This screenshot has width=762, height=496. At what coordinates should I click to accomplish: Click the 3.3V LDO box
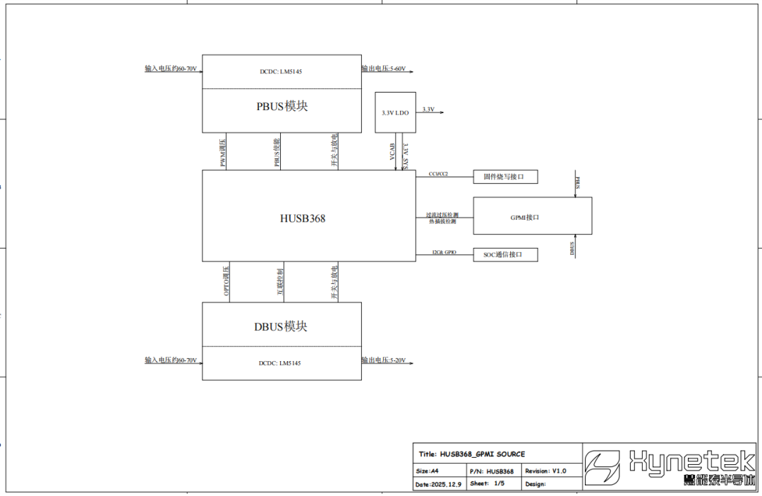(x=395, y=112)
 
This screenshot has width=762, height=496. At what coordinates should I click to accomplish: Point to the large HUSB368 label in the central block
(x=303, y=218)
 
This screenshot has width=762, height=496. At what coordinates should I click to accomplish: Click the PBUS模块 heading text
(x=282, y=107)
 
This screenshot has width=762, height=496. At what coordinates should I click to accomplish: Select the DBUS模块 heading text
(x=281, y=326)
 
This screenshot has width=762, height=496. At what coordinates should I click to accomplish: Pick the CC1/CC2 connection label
(x=438, y=174)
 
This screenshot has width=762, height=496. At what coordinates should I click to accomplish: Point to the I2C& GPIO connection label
(x=444, y=252)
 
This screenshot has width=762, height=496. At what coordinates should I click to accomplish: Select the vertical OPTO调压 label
(x=226, y=281)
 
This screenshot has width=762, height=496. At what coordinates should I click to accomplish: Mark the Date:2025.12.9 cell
(x=438, y=485)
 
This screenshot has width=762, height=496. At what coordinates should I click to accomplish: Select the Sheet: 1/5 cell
(x=487, y=485)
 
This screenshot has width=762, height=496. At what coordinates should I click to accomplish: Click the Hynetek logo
(x=670, y=466)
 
